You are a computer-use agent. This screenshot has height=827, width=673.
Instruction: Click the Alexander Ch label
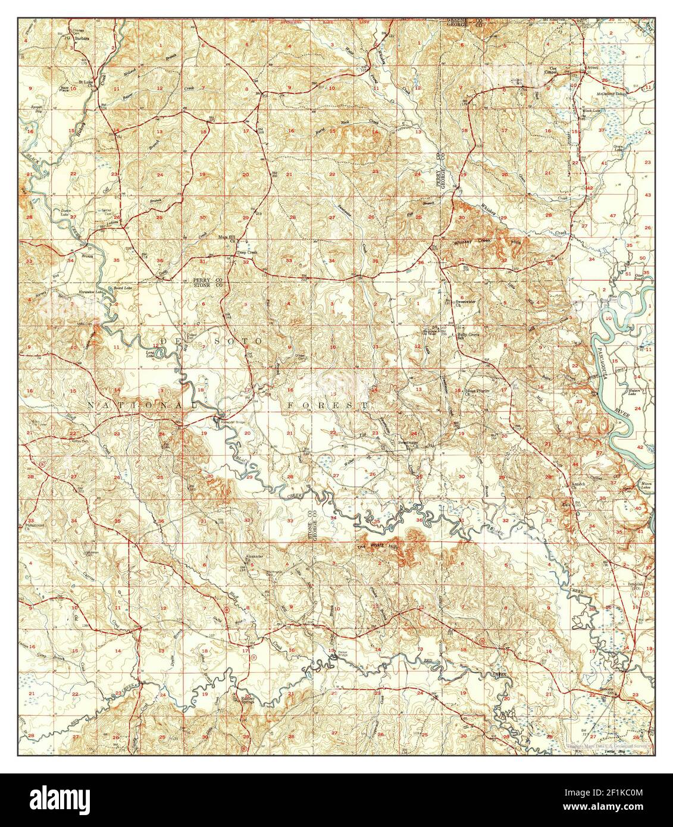[x=253, y=560]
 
